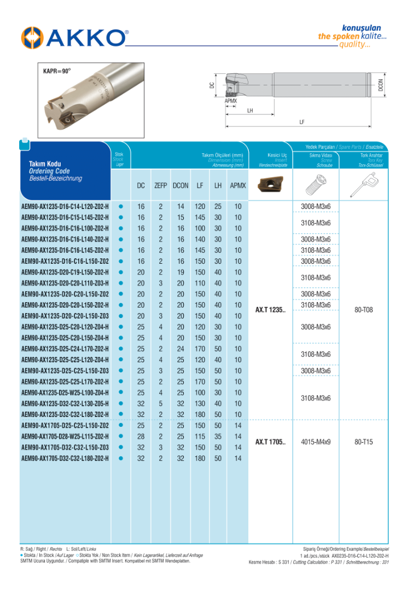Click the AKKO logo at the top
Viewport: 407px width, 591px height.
pyautogui.click(x=74, y=38)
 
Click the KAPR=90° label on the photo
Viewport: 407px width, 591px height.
pyautogui.click(x=57, y=71)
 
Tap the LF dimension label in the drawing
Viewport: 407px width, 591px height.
pyautogui.click(x=301, y=123)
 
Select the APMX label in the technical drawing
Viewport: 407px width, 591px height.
pyautogui.click(x=231, y=101)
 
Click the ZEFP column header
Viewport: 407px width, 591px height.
pyautogui.click(x=161, y=186)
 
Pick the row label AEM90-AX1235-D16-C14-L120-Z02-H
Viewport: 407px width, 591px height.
pyautogui.click(x=65, y=207)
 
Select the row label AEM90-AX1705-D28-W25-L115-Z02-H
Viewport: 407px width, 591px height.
pyautogui.click(x=65, y=437)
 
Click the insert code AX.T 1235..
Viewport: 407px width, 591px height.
pyautogui.click(x=270, y=310)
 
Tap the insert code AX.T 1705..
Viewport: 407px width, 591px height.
pyautogui.click(x=270, y=442)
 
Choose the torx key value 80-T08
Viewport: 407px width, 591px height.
pyautogui.click(x=363, y=310)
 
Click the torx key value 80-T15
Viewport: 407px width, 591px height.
pyautogui.click(x=363, y=442)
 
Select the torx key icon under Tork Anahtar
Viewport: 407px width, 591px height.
pyautogui.click(x=363, y=184)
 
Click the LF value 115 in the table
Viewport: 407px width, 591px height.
pyautogui.click(x=200, y=437)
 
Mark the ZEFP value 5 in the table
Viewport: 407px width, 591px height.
pyautogui.click(x=161, y=404)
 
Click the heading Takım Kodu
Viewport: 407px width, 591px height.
pyautogui.click(x=45, y=164)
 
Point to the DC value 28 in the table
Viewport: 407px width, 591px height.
pyautogui.click(x=141, y=437)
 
